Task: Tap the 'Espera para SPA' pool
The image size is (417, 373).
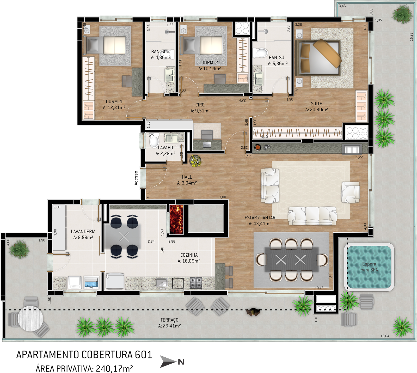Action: point(369,267)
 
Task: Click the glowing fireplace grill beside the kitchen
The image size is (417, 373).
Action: point(176,219)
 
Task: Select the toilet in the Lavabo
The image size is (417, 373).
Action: point(154,142)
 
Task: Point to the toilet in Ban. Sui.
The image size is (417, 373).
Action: point(260,53)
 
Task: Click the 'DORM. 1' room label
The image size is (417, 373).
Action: point(114,101)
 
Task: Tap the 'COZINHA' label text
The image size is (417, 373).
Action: point(189,255)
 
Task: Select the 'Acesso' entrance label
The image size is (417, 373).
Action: point(136,178)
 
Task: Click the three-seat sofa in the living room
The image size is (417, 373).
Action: point(312,216)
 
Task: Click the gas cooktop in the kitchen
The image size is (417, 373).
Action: point(196,282)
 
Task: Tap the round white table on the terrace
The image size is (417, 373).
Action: point(30,318)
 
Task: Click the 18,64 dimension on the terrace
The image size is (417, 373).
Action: point(385,336)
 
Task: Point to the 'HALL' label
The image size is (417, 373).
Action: point(187,177)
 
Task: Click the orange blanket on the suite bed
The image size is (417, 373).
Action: point(327,53)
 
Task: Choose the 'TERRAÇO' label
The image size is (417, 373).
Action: point(169,320)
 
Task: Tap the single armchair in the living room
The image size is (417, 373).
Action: point(351,192)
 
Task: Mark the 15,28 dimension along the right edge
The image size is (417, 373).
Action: point(411,37)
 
